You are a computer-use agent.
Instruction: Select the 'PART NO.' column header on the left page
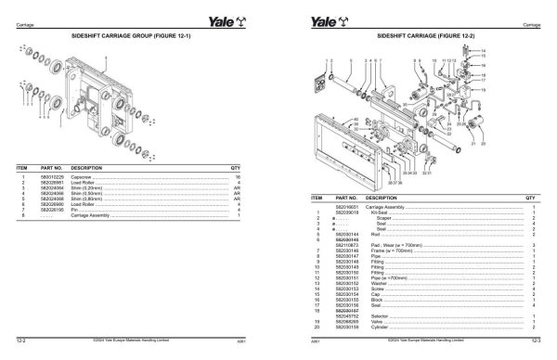52,167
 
